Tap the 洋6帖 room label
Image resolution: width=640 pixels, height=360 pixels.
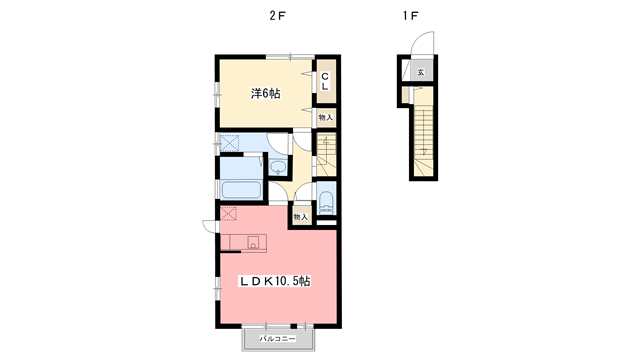coord(265,93)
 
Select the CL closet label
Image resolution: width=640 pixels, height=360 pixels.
coord(326,81)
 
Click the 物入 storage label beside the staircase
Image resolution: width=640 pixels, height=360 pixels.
coord(326,117)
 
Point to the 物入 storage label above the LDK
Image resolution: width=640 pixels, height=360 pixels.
coord(300,215)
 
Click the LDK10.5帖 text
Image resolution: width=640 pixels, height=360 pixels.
coord(273,282)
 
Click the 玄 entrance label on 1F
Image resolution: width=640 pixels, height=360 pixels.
coord(421,73)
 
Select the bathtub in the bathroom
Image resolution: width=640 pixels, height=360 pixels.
coord(240,190)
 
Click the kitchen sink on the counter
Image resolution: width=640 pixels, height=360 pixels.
coord(252,241)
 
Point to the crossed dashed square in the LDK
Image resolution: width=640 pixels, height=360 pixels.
coord(228,214)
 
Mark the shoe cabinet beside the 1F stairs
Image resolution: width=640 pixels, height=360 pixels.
coord(405,96)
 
